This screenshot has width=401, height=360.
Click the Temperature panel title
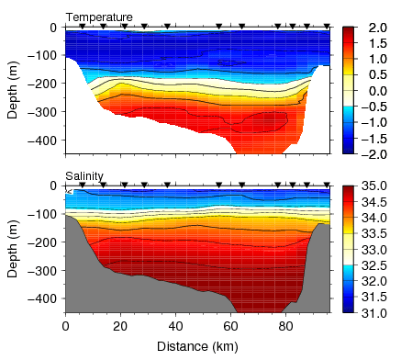pos(99,17)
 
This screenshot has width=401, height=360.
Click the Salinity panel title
pos(84,175)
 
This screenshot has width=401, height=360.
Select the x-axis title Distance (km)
pos(196,346)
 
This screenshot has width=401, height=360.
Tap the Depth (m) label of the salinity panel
pos(12,248)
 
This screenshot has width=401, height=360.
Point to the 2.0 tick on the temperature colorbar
pos(375,28)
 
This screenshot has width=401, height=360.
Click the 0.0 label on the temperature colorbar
pos(375,91)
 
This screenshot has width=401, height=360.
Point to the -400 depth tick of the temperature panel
pos(43,141)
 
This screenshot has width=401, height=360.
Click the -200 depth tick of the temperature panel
pos(43,84)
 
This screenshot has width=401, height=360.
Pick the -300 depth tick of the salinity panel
pos(43,270)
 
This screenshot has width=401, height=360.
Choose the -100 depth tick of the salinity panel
pos(43,214)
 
